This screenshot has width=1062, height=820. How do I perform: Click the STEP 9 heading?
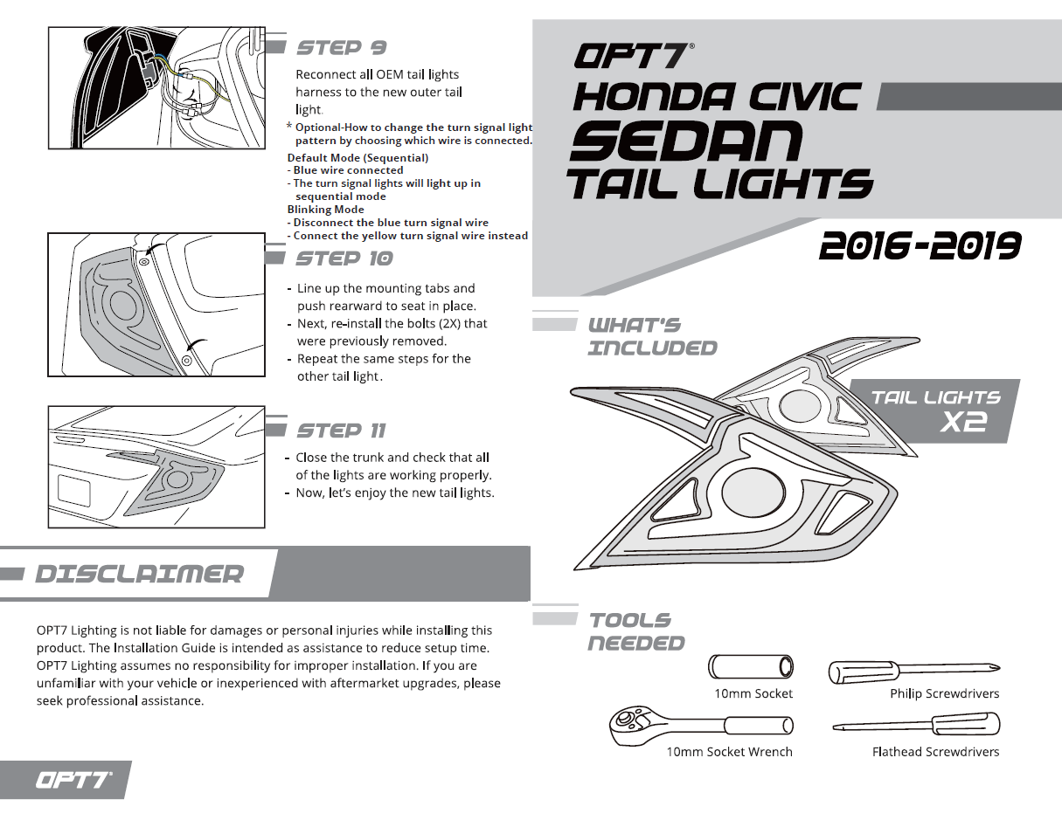[341, 47]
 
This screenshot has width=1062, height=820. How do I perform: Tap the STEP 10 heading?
[344, 258]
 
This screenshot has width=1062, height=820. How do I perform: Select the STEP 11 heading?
[341, 431]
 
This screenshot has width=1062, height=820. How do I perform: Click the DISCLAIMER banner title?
[139, 574]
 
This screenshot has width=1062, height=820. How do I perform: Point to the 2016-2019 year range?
[920, 247]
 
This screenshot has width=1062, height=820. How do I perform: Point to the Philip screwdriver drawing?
[913, 671]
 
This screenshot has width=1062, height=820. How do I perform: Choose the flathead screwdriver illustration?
[916, 725]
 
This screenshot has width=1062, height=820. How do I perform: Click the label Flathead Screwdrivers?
[935, 752]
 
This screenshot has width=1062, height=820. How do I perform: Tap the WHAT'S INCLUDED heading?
[652, 336]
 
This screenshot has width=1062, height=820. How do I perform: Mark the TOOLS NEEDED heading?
[635, 631]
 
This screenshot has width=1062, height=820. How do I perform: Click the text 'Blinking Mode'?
[326, 210]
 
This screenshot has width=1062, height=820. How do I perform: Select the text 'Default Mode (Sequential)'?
[357, 158]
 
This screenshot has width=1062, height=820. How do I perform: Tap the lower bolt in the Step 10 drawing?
[186, 360]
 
